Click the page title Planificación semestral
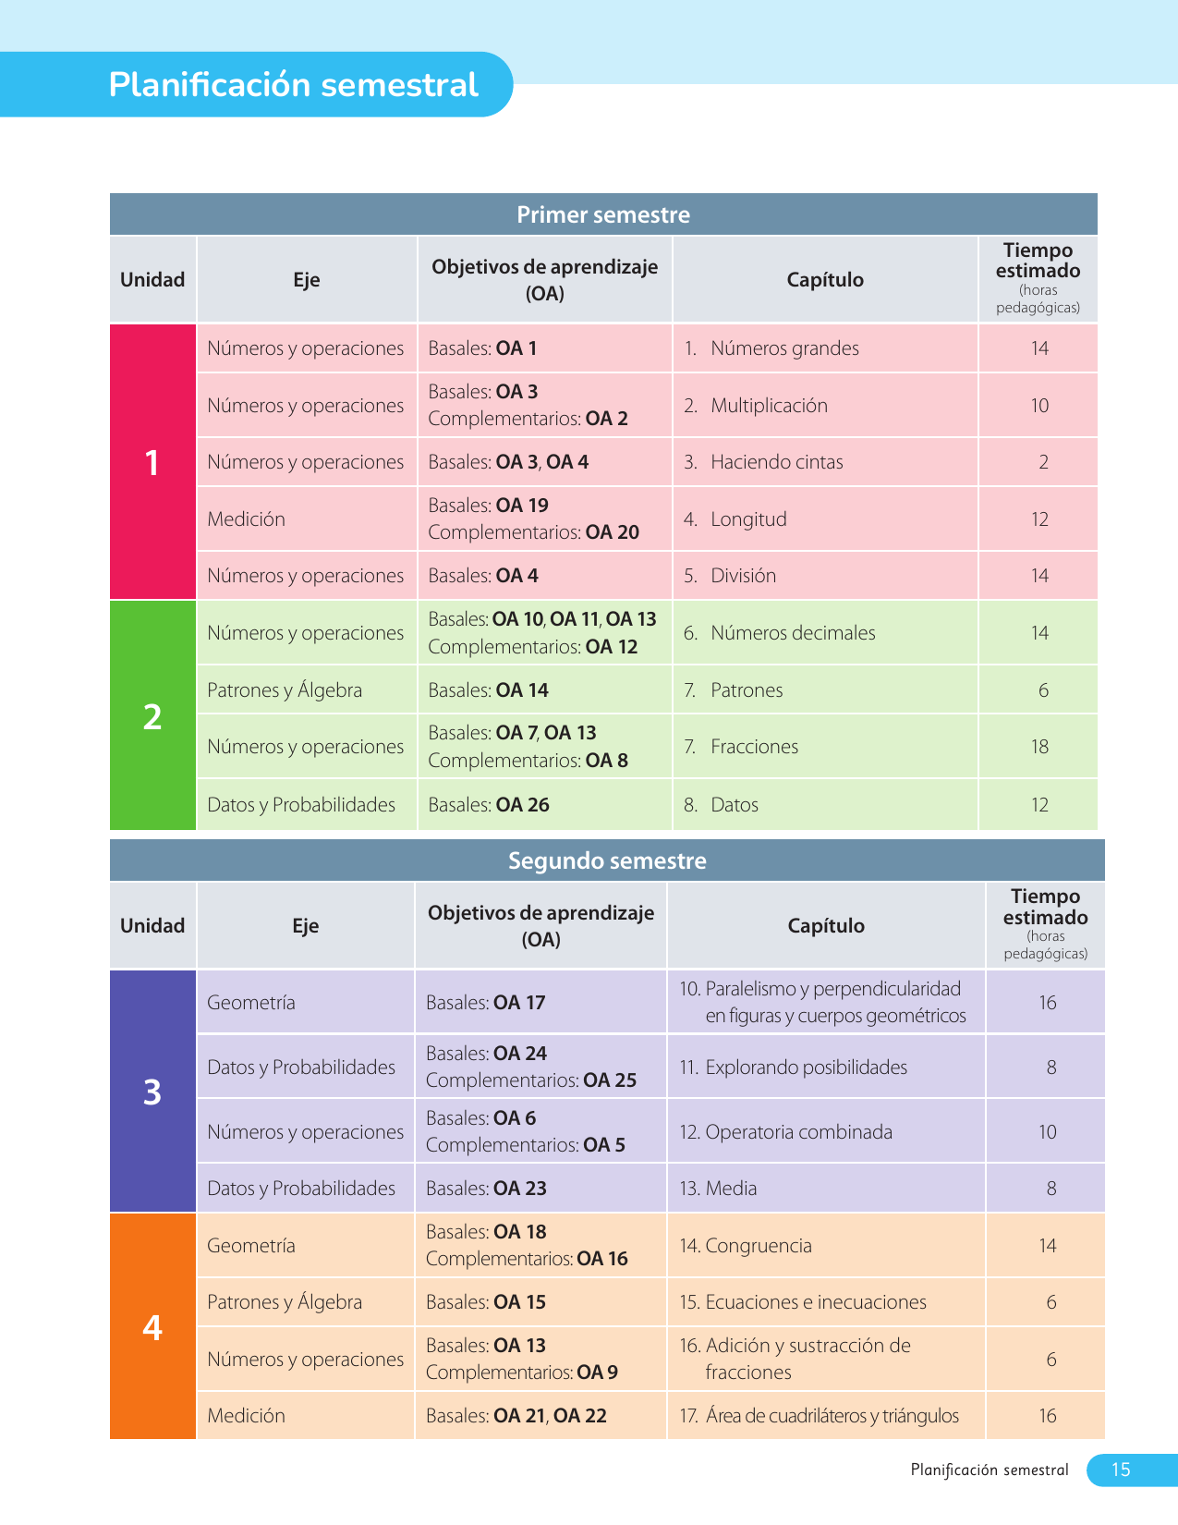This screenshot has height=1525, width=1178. coord(294,85)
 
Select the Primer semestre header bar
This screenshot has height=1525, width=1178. coord(603,214)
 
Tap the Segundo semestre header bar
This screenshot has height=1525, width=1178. coord(607,860)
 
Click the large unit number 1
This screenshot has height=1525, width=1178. coord(152,462)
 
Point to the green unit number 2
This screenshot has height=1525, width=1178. coord(152,716)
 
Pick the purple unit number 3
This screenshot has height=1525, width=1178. coord(152,1092)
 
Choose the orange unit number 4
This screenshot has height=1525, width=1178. coord(152,1327)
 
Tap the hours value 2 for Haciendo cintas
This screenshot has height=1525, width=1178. coord(1043,462)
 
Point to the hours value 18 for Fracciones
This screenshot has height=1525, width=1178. coord(1039,747)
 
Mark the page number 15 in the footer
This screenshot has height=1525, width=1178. coord(1121,1470)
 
